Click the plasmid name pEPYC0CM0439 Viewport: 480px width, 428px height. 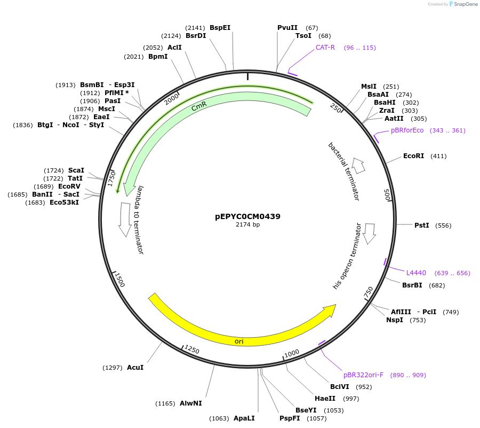click(247, 216)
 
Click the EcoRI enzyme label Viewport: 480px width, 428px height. click(413, 156)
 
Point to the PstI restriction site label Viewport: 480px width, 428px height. click(421, 225)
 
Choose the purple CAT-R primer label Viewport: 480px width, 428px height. click(325, 48)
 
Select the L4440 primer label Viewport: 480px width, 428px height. click(416, 273)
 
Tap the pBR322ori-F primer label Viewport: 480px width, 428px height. click(363, 375)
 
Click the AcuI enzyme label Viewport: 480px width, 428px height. click(135, 368)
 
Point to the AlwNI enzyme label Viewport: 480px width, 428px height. click(190, 403)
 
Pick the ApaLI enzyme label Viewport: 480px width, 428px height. click(244, 418)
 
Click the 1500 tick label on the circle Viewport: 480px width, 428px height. click(119, 279)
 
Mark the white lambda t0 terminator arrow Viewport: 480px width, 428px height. click(125, 219)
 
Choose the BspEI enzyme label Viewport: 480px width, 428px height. click(220, 28)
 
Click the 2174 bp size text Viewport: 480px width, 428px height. click(247, 225)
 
